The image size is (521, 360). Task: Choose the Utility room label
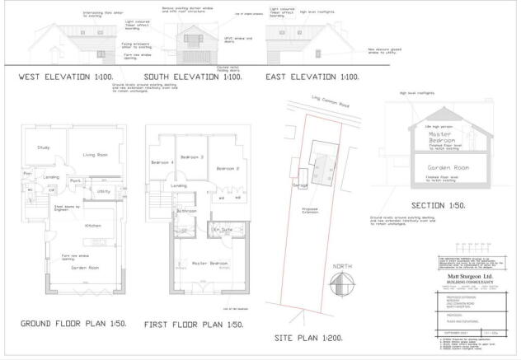click(103, 190)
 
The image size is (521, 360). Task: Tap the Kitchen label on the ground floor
click(92, 224)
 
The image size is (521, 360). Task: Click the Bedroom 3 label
click(192, 157)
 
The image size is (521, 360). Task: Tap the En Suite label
click(222, 229)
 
